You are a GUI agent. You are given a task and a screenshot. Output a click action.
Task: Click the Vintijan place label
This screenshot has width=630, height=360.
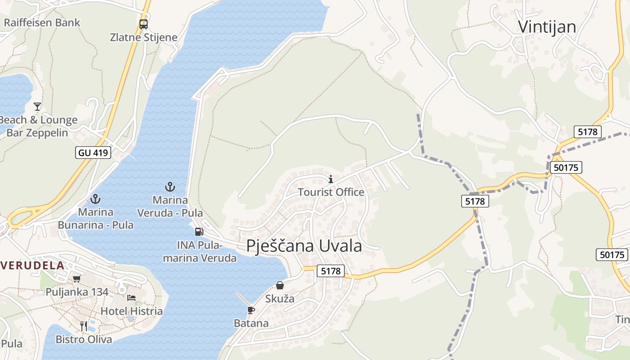pyautogui.click(x=547, y=27)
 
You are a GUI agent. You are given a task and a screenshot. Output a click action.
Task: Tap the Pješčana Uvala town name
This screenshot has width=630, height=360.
pyautogui.click(x=304, y=246)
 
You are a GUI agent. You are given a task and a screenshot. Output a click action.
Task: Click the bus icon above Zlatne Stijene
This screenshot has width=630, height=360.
pyautogui.click(x=144, y=24)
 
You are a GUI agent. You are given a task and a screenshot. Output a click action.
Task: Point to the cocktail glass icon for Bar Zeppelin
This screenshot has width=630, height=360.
pyautogui.click(x=37, y=107)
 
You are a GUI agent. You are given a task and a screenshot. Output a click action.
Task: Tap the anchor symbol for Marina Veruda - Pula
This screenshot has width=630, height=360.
pyautogui.click(x=170, y=186)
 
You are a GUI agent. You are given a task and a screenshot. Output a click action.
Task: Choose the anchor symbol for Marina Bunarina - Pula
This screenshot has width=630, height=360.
pyautogui.click(x=95, y=198)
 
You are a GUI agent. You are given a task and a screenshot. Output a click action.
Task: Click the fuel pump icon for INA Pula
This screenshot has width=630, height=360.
pyautogui.click(x=199, y=232)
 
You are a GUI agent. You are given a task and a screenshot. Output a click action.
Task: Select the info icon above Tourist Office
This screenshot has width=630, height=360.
pyautogui.click(x=331, y=179)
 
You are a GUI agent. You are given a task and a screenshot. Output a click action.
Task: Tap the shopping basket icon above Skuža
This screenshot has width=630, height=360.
pyautogui.click(x=280, y=285)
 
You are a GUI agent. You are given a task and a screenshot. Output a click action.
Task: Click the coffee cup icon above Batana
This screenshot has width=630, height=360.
pyautogui.click(x=251, y=310)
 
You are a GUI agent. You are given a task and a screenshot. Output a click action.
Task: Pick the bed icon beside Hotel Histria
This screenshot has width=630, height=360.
pyautogui.click(x=131, y=297)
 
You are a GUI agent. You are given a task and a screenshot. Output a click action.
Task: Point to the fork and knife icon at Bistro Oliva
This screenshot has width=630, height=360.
pyautogui.click(x=84, y=326)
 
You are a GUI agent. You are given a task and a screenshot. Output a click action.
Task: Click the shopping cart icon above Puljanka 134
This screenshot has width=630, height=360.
pyautogui.click(x=77, y=279)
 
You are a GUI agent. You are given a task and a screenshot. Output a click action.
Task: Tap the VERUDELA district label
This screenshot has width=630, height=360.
pyautogui.click(x=32, y=265)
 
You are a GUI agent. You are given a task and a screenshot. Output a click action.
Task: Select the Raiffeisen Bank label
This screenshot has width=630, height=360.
pyautogui.click(x=42, y=22)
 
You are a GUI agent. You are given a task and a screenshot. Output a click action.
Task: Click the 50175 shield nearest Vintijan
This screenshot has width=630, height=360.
pyautogui.click(x=566, y=167)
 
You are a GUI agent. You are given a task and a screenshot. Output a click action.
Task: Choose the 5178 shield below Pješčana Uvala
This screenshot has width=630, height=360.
pyautogui.click(x=331, y=271)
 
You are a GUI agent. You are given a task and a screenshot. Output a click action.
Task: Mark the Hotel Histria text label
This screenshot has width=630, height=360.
pyautogui.click(x=131, y=311)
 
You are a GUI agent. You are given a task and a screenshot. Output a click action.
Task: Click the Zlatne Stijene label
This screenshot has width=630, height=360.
pyautogui.click(x=144, y=37)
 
